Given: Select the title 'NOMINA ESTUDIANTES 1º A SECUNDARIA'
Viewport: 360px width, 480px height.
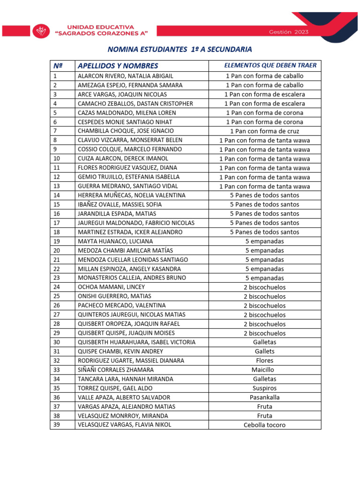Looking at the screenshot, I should point(180,49).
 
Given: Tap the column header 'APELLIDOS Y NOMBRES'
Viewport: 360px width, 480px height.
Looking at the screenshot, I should point(118,66).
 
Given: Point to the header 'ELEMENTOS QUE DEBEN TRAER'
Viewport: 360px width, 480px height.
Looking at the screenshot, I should point(270,65).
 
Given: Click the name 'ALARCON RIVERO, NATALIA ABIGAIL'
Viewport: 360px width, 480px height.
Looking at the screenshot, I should point(125,76).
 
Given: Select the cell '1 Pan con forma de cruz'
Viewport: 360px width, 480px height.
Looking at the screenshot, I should point(264,131).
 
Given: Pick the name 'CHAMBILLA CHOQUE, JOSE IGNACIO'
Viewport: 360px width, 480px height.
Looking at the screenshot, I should point(126,131).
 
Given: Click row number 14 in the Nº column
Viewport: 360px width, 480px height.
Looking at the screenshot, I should point(57,195).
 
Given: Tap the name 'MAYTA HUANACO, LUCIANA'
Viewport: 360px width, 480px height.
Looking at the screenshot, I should point(115,241).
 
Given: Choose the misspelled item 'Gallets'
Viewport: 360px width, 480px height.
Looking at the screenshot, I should point(264,352).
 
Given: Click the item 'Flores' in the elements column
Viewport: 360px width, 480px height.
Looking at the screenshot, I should point(264,360).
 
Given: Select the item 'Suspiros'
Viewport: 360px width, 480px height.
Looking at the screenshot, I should point(264,388).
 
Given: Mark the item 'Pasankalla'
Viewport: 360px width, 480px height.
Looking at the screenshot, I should point(264,397).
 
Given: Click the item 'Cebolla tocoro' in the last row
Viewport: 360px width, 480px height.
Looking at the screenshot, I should point(264,425).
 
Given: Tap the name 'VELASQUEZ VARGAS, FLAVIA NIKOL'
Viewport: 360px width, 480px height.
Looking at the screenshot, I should point(124,425).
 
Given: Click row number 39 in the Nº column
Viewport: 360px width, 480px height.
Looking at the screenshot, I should point(57,425).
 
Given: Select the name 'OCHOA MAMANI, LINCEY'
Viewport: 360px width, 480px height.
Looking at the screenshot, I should point(111,287).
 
